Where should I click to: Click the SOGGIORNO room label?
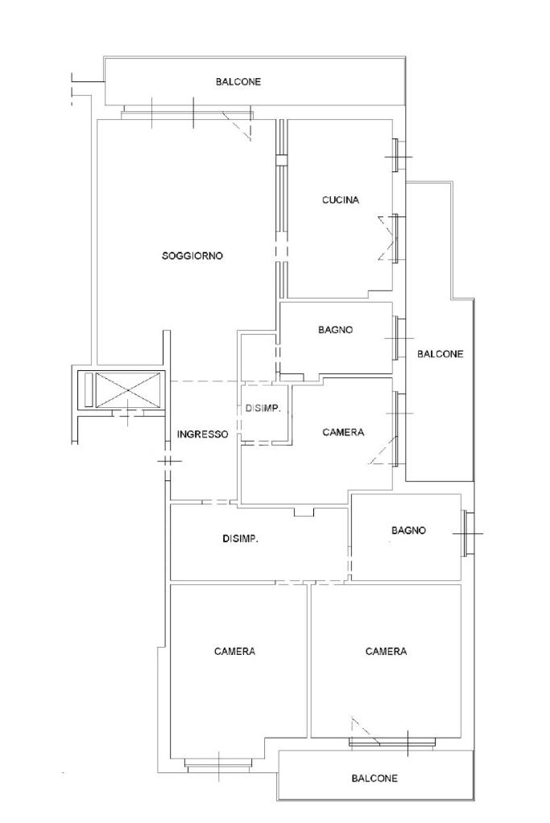click(x=192, y=256)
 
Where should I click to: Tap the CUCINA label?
click(x=341, y=200)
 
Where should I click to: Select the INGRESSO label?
click(x=203, y=434)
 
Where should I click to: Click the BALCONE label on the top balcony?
click(x=238, y=82)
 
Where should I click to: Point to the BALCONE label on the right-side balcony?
click(x=440, y=354)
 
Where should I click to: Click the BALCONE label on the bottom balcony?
click(x=374, y=779)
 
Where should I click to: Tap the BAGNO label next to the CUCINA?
click(x=336, y=330)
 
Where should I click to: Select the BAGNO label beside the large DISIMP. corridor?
click(x=409, y=531)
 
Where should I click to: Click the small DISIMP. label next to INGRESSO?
click(x=263, y=409)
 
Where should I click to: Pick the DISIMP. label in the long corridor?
click(x=241, y=538)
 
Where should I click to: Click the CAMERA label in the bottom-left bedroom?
click(x=235, y=652)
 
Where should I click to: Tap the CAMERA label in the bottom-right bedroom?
click(x=386, y=652)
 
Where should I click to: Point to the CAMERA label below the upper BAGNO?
click(x=343, y=433)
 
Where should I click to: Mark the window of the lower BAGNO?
click(x=467, y=533)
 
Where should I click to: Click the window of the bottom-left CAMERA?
click(x=218, y=767)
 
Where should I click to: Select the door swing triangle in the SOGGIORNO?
click(x=237, y=126)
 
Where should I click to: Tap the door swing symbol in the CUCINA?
click(x=387, y=238)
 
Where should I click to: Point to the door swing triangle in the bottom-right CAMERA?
click(x=365, y=730)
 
